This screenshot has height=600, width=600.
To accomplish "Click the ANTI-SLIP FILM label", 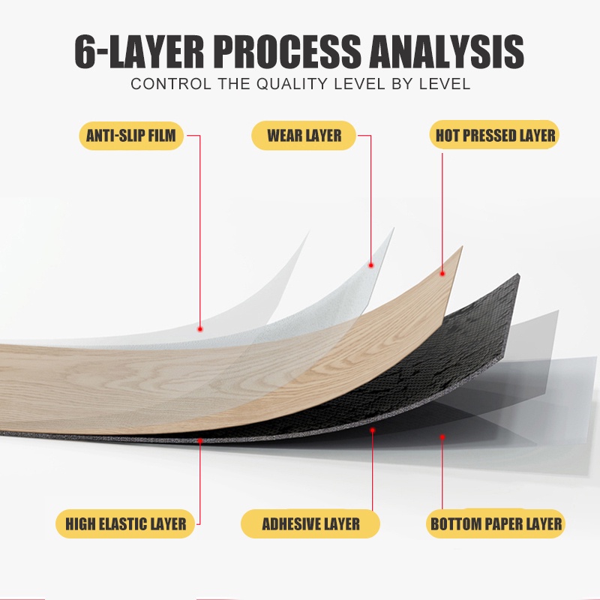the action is [x=130, y=136].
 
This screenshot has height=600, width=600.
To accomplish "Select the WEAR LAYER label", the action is [x=304, y=136].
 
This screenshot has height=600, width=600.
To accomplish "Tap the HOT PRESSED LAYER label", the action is [x=495, y=136].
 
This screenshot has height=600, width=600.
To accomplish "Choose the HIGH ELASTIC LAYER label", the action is [x=125, y=523].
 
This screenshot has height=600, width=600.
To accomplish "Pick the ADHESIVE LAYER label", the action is [x=310, y=523].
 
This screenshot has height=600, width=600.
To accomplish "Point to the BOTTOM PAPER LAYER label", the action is [x=496, y=523].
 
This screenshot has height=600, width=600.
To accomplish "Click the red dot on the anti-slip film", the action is [x=199, y=328].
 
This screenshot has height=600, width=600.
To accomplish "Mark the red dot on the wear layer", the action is [x=370, y=265].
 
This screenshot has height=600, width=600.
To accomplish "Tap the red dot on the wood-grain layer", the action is [x=442, y=274].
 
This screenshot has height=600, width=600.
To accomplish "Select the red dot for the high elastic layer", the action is [x=199, y=441].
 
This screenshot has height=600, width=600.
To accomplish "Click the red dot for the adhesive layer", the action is [x=372, y=430].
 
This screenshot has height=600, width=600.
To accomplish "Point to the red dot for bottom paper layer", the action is [x=442, y=437].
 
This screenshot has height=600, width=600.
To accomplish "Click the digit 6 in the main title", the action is [x=85, y=52].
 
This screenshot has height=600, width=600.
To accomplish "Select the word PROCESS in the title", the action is [x=287, y=52].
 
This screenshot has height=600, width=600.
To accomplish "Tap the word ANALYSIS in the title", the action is [x=446, y=52].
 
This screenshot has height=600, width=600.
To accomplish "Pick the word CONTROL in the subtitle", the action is [x=171, y=84].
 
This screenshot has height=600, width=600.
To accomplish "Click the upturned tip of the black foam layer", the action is [x=518, y=274].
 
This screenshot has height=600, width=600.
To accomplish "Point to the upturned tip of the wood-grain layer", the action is [x=462, y=247].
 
